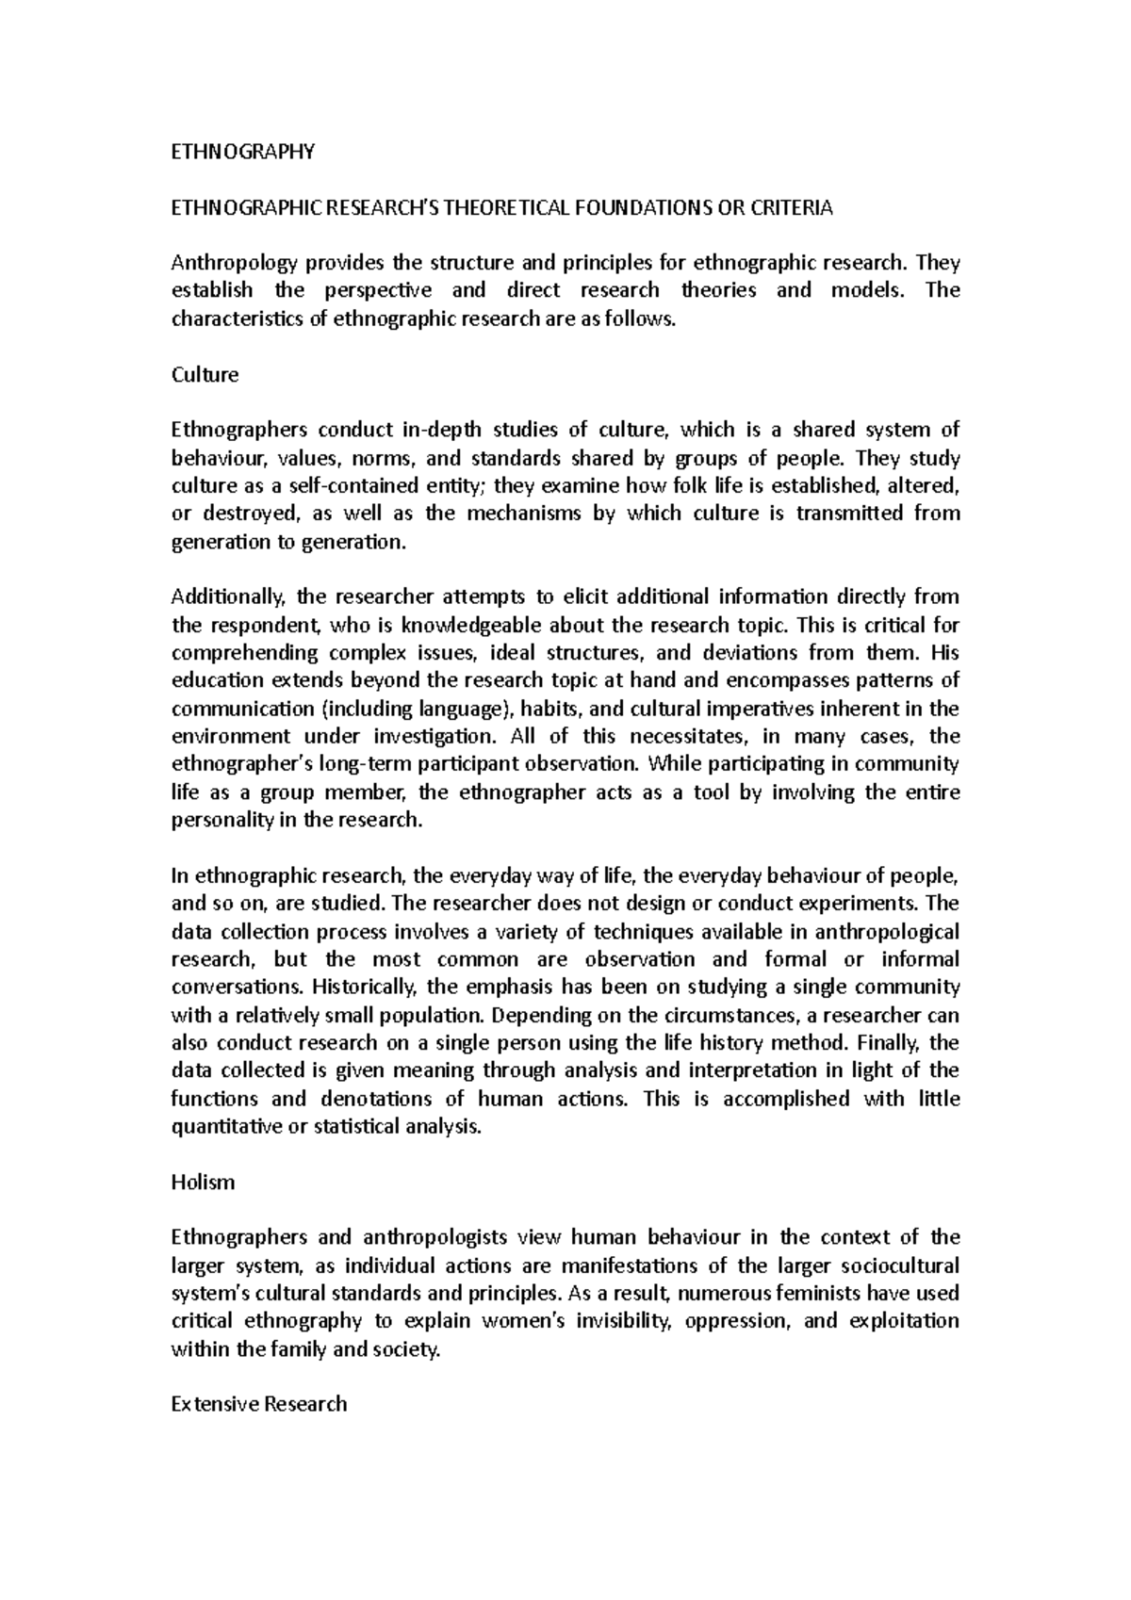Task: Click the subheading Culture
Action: tap(205, 375)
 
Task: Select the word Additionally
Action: tap(228, 596)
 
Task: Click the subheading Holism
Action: tap(203, 1183)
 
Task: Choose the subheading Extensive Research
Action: tap(259, 1405)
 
